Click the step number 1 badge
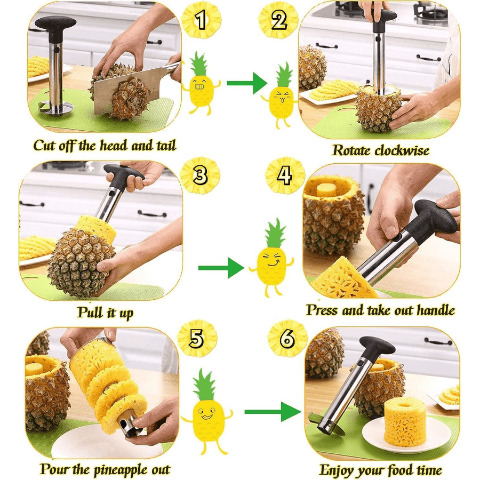[201, 20]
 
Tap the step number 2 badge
[278, 20]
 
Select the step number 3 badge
[200, 175]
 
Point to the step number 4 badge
[285, 175]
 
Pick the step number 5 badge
[197, 339]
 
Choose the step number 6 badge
[287, 339]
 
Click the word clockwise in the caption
[402, 150]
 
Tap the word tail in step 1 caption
[166, 146]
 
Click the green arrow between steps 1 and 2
[247, 83]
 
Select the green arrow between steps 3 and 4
[221, 268]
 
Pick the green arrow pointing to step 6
[272, 412]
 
